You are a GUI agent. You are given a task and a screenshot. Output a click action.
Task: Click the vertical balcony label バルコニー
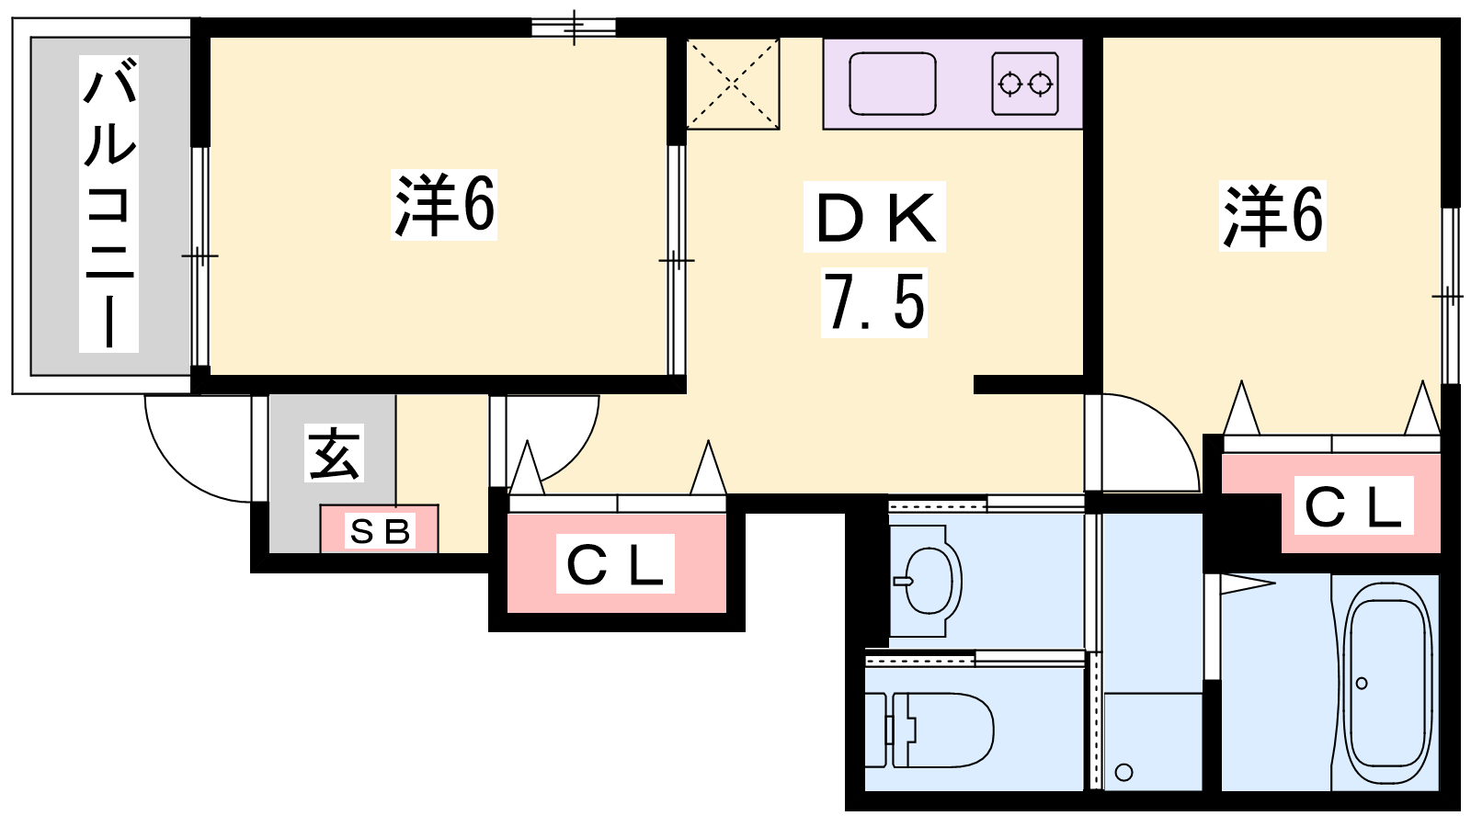pos(109,203)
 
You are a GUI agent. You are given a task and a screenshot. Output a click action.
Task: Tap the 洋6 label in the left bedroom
pos(444,205)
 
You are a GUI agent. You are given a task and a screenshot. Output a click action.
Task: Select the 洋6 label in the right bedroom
pos(1272,216)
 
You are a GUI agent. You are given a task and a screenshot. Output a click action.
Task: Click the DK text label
pos(874,217)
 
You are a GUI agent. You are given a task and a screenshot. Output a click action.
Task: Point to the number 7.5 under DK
pos(874,303)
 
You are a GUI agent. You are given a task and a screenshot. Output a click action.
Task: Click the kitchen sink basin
pos(893,84)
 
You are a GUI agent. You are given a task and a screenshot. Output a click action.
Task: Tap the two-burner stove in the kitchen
pos(1025,84)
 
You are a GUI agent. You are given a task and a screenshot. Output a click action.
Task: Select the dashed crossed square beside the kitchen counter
pos(733,84)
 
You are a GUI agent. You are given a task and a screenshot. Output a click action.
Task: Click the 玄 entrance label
pos(335,454)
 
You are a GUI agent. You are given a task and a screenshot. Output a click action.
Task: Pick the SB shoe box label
pos(381,531)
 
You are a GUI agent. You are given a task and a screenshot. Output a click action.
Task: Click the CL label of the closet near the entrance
pos(615,564)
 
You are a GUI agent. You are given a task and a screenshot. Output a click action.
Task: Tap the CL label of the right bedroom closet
pos(1353,506)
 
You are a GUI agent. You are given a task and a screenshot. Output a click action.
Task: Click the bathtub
pos(1387,683)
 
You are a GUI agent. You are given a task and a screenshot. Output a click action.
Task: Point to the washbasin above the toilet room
pos(927,581)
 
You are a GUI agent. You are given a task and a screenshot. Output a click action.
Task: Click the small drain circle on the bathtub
pos(1362,684)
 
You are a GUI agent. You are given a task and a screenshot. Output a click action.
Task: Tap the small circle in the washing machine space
pos(1123,773)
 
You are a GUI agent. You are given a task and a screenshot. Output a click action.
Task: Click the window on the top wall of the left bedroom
pos(574,28)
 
